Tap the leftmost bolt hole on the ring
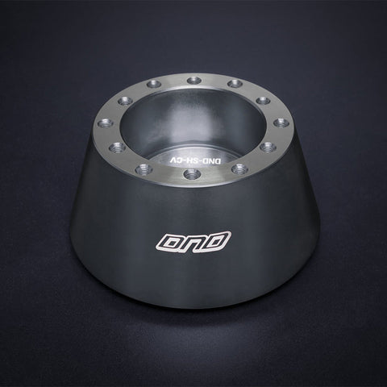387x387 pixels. click(103, 123)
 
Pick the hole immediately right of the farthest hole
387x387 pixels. click(235, 84)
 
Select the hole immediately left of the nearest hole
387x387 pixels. click(143, 169)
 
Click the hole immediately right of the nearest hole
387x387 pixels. click(239, 169)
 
